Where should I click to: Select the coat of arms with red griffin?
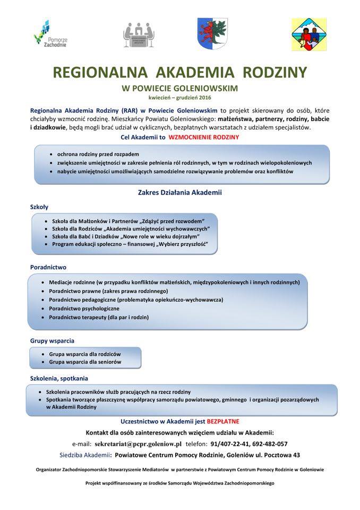click(213, 33)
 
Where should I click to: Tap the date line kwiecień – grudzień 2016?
click(179, 98)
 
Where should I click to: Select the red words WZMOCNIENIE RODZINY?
click(203, 137)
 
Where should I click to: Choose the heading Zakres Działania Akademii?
click(179, 192)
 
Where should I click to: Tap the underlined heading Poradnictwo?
click(48, 267)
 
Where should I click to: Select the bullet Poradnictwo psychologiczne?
click(84, 308)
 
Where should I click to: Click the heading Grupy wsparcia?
click(52, 340)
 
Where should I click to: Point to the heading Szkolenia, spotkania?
click(59, 378)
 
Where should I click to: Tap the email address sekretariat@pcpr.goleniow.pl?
click(137, 444)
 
